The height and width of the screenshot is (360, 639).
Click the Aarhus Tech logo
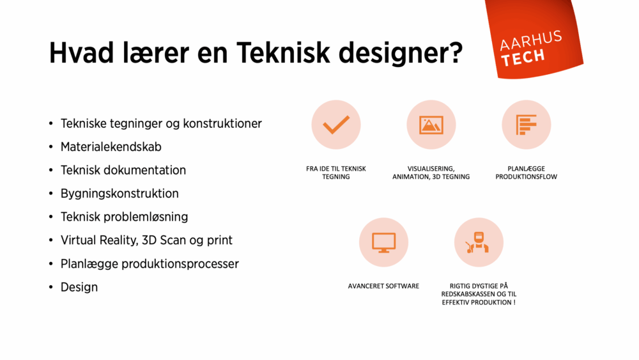tap(532, 48)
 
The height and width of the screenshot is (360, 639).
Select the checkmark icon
tap(335, 125)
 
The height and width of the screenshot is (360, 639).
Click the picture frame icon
tap(431, 125)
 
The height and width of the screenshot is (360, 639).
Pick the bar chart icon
tap(526, 125)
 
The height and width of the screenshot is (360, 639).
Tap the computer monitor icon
tap(383, 242)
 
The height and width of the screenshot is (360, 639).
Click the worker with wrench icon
tap(479, 242)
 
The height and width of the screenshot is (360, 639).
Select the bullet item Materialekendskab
tap(111, 147)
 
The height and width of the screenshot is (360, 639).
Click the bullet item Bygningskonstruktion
tap(119, 194)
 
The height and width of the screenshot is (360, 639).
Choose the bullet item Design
tap(79, 287)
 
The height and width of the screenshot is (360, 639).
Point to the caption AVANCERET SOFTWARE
tap(383, 286)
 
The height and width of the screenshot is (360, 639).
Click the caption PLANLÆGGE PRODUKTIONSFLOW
tap(526, 173)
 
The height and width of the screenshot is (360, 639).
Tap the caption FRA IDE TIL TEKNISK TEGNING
tap(335, 173)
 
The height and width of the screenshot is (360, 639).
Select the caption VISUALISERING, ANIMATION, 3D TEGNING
tap(431, 173)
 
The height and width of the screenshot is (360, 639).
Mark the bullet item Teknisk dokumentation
tap(123, 170)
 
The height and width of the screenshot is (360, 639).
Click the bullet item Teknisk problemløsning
tap(124, 217)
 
